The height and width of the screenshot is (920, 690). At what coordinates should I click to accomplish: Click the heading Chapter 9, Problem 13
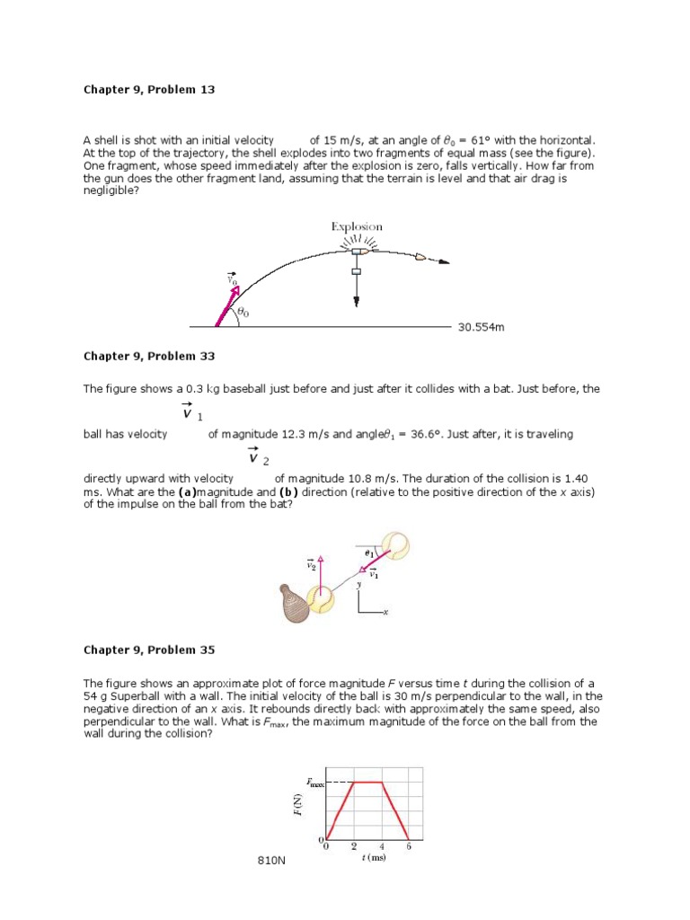tap(149, 90)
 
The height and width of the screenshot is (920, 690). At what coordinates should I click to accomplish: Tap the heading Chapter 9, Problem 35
tap(149, 650)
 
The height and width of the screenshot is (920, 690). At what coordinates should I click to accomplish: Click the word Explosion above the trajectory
tap(357, 227)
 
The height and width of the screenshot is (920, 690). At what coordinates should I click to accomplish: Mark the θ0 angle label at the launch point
tap(243, 313)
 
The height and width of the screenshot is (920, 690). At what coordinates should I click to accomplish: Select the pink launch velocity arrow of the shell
tap(226, 307)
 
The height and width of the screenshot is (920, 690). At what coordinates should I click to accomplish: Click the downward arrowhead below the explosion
tap(357, 301)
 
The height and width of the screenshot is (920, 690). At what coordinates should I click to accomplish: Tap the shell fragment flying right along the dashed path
tap(420, 257)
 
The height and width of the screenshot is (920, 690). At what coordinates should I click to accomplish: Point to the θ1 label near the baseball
tap(369, 554)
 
